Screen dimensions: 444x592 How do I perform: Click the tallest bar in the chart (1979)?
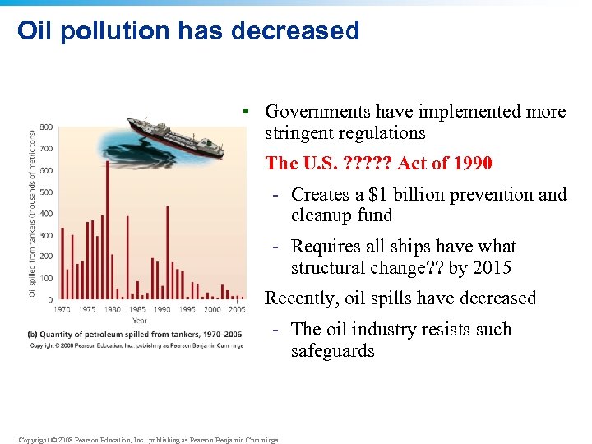click(108, 230)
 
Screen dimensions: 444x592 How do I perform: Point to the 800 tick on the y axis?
click(46, 127)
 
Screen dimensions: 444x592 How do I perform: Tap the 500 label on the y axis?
click(46, 192)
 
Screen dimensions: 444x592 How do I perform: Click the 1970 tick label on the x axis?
click(62, 309)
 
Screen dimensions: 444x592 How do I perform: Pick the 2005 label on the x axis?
click(238, 309)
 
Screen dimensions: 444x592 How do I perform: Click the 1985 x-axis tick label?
click(136, 309)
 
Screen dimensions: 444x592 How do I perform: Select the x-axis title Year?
click(140, 320)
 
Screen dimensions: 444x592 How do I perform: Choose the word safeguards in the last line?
click(332, 351)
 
